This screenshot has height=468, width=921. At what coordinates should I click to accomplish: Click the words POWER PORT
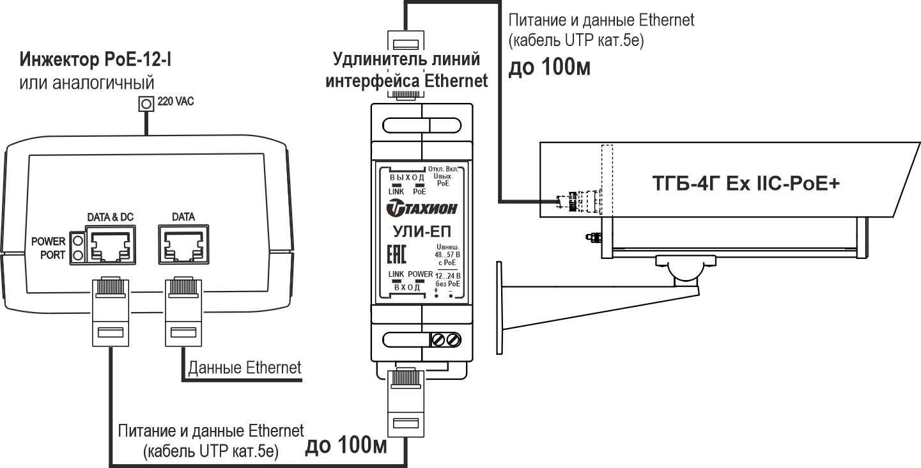(48, 249)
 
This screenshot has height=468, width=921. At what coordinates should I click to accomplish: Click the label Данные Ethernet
(244, 368)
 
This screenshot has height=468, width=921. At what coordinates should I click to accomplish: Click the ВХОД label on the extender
(406, 288)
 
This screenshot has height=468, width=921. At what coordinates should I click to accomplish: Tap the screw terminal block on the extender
(447, 339)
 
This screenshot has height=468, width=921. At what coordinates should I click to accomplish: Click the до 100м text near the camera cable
(548, 68)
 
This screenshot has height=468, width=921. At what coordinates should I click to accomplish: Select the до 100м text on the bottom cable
(346, 446)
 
